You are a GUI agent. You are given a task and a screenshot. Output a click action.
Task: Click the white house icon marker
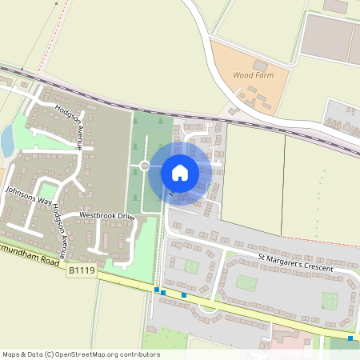pos(180,172)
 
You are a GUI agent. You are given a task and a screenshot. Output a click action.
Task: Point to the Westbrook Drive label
pos(108,216)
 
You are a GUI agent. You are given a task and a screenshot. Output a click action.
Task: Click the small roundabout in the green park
pos(145,166)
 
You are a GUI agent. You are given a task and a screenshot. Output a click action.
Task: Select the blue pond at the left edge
pos(6,142)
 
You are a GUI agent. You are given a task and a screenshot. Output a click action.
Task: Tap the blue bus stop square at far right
pos(350,338)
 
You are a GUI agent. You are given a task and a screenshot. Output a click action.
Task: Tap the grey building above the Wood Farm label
pos(260,65)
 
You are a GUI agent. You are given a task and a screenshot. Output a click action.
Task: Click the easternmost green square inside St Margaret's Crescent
pos(330,300)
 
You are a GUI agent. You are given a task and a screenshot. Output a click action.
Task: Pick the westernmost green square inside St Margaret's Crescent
pos(191,266)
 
